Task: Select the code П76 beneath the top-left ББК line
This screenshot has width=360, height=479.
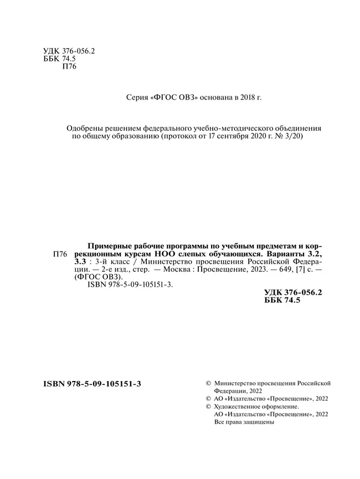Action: tap(66, 66)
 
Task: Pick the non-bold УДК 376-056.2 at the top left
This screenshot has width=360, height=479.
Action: tap(69, 50)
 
